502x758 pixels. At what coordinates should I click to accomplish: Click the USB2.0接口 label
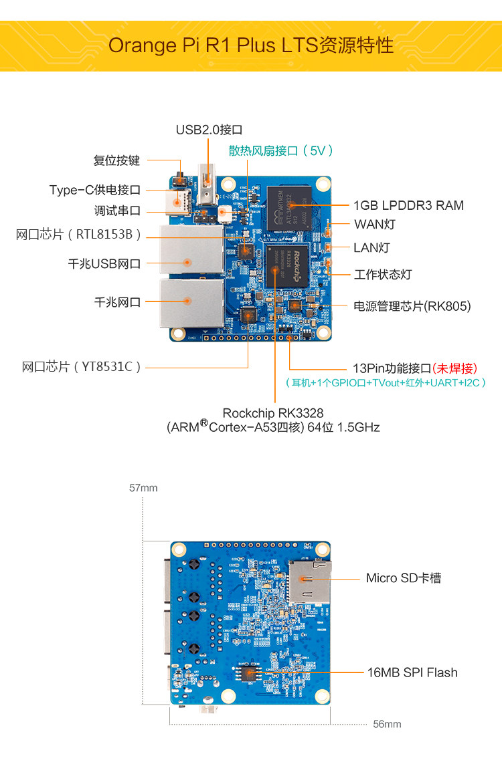coord(208,130)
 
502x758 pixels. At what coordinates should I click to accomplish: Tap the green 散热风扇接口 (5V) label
coord(280,151)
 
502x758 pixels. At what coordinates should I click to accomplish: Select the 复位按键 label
coord(116,161)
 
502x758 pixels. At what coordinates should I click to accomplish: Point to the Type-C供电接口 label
coord(95,190)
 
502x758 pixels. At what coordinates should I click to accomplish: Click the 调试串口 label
coord(117,211)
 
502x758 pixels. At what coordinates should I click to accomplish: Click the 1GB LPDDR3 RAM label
coord(408,205)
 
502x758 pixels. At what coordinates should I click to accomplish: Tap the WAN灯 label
coord(374,225)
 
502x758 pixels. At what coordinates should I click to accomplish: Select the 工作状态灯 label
coord(383,275)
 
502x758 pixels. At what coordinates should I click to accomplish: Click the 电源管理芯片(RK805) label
coord(412,306)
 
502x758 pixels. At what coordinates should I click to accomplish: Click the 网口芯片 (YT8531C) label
coord(82,367)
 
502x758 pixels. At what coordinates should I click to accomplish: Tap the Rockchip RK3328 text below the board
coord(272,413)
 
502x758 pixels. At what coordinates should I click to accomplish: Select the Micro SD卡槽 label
coord(404,578)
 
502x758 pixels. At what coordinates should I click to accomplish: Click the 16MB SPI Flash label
coord(412,672)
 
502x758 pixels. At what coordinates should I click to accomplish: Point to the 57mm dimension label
coord(143,488)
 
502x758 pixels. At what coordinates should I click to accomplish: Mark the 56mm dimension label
coord(387,724)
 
